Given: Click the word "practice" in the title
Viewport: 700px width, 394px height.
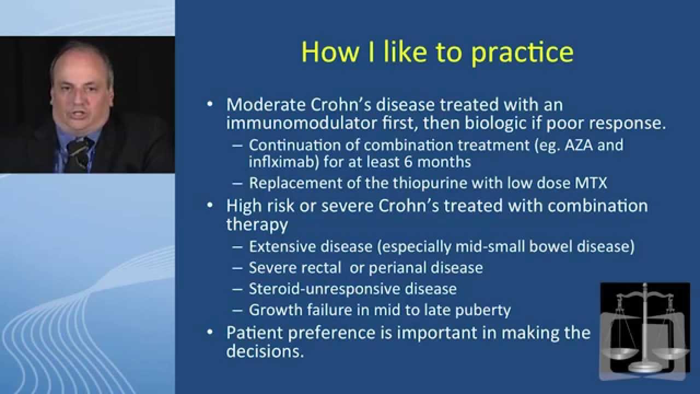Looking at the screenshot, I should [522, 52].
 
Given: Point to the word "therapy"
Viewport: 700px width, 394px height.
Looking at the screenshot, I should [256, 224].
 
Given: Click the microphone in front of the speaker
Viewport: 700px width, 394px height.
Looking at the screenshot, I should [78, 150].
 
